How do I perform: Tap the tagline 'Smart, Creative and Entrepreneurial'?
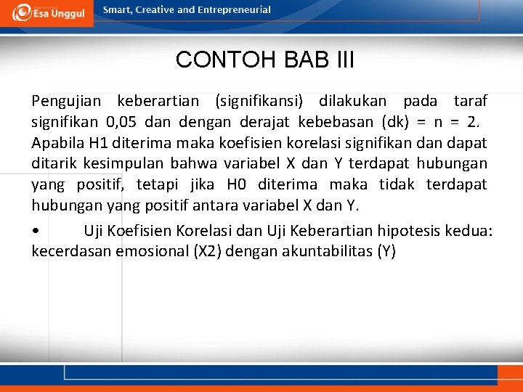click(187, 10)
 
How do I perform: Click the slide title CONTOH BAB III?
click(264, 60)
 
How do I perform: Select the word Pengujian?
click(66, 100)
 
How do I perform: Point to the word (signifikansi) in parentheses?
click(259, 100)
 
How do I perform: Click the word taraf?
click(470, 100)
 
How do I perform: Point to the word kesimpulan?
click(123, 163)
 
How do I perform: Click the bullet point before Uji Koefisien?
click(36, 232)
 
